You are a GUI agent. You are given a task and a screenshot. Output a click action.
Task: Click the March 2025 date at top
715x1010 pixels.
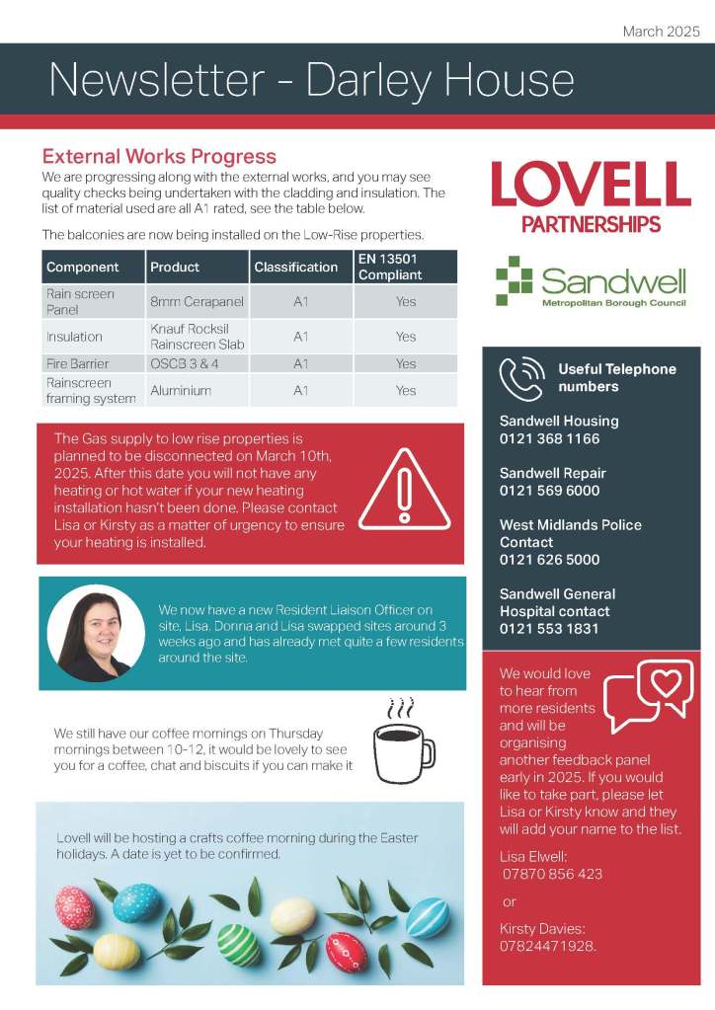pyautogui.click(x=661, y=32)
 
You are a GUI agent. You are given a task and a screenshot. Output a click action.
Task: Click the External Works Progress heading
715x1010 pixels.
pyautogui.click(x=159, y=157)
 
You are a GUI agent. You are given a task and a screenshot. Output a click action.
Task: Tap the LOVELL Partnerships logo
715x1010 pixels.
pyautogui.click(x=591, y=196)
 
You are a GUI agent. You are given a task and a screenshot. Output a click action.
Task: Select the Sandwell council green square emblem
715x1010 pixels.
pyautogui.click(x=514, y=280)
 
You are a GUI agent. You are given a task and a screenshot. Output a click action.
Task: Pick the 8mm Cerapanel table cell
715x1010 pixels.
pyautogui.click(x=197, y=301)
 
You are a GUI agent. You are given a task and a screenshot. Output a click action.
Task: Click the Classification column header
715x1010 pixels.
pyautogui.click(x=296, y=267)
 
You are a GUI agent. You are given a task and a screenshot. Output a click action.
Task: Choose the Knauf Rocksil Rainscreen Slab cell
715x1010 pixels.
pyautogui.click(x=198, y=336)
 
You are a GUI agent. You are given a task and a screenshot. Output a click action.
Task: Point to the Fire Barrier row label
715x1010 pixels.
pyautogui.click(x=78, y=363)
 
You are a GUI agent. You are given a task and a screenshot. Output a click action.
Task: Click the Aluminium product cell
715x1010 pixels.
pyautogui.click(x=181, y=390)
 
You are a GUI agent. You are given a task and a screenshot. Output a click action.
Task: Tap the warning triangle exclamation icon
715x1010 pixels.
pyautogui.click(x=404, y=490)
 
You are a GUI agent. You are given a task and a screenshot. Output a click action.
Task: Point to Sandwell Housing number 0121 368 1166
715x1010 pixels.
pyautogui.click(x=549, y=438)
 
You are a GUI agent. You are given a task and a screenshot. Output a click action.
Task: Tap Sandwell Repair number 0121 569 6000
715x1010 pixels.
pyautogui.click(x=549, y=491)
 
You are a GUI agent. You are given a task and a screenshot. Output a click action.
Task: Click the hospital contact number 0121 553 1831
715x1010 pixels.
pyautogui.click(x=549, y=629)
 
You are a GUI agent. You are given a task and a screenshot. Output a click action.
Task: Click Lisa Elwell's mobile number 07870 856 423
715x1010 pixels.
pyautogui.click(x=553, y=874)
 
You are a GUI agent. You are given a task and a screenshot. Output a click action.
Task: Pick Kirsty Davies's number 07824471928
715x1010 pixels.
pyautogui.click(x=548, y=946)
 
